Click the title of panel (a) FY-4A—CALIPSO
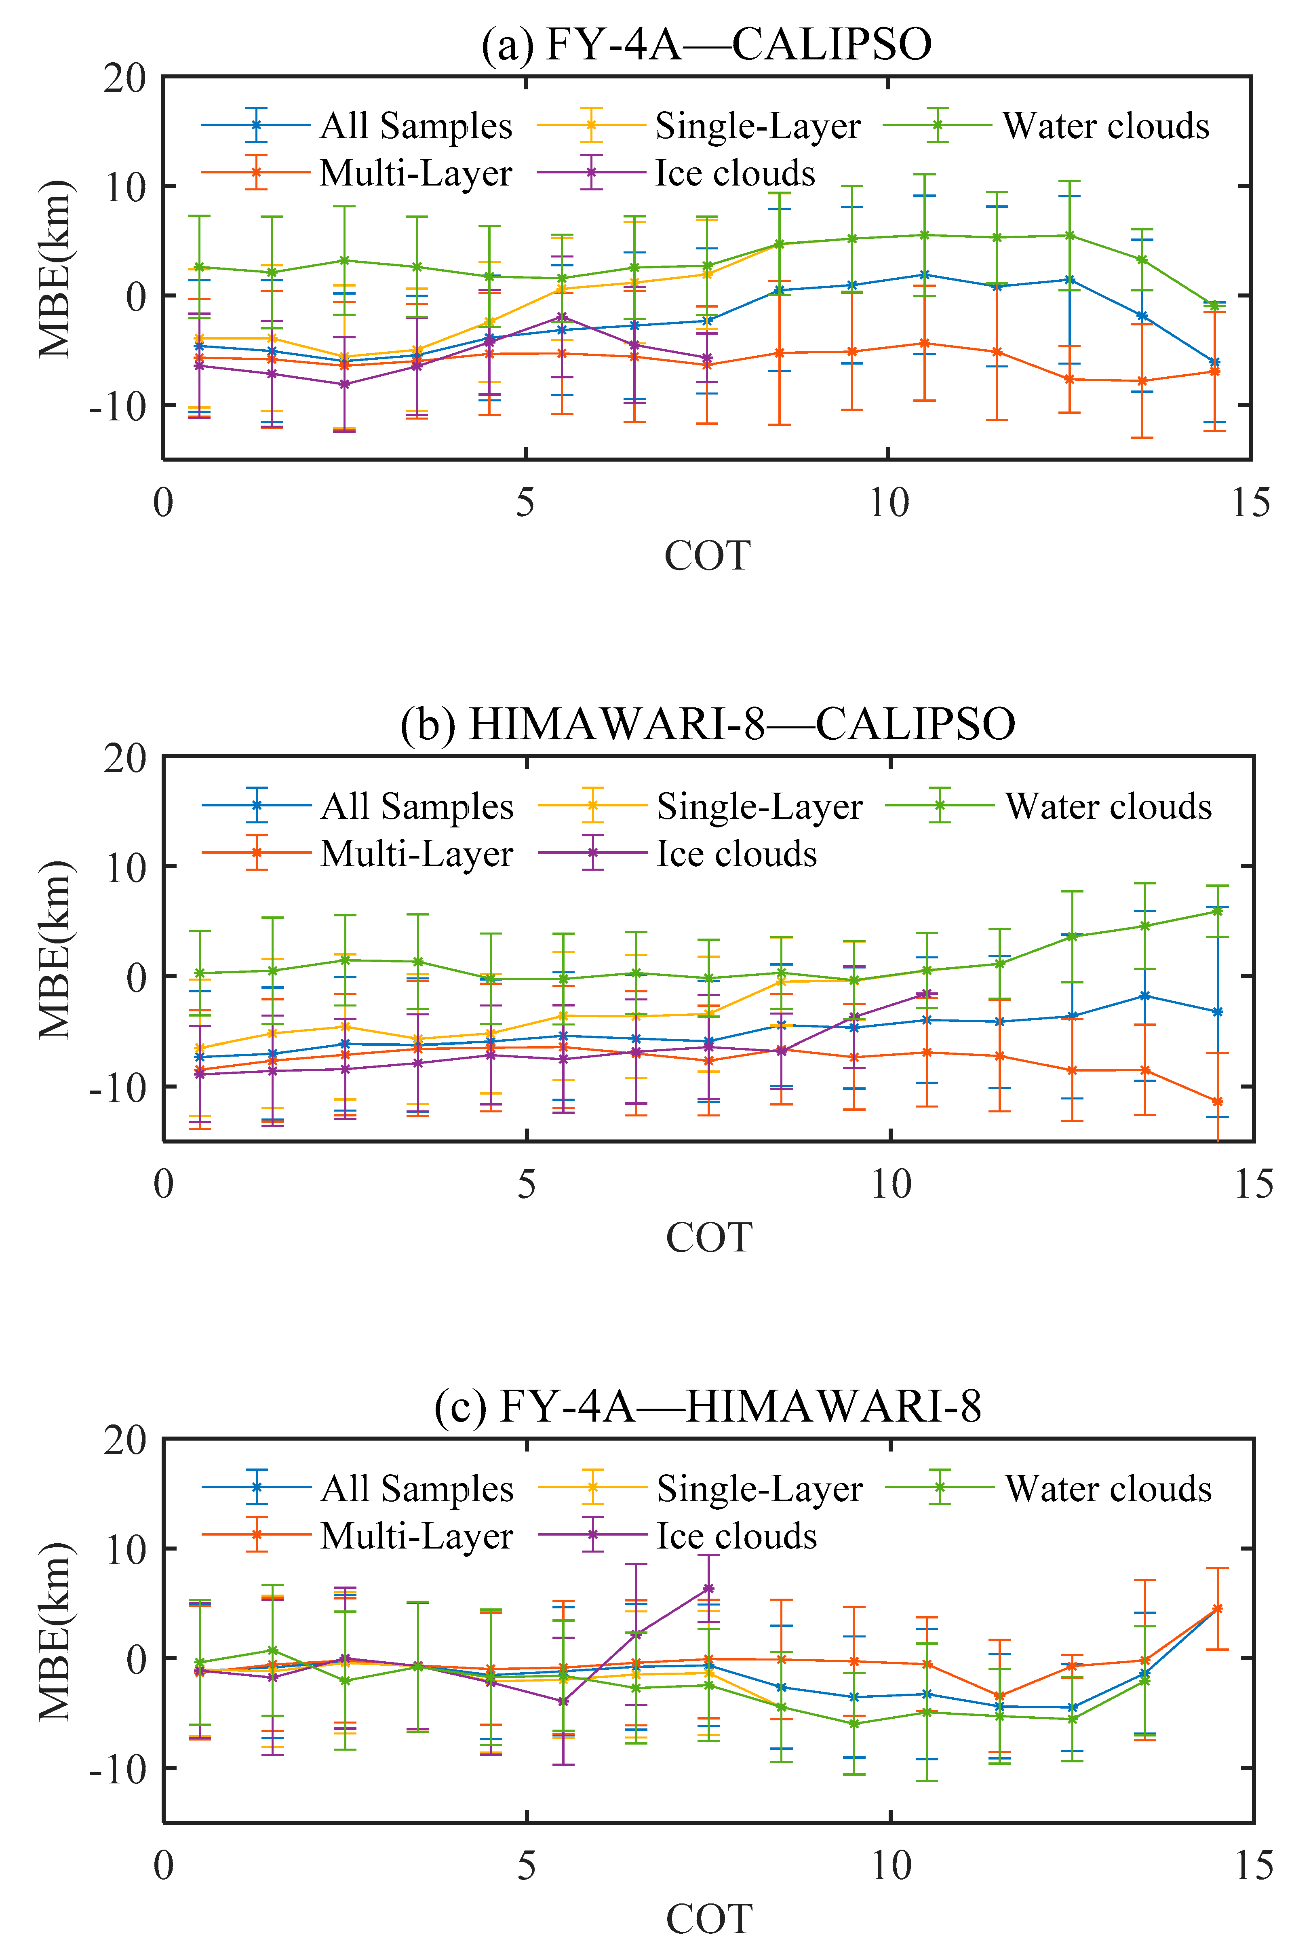[706, 44]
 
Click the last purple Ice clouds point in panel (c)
[708, 1589]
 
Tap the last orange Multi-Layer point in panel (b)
[1218, 1102]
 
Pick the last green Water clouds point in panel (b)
[1218, 910]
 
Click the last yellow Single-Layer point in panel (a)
[780, 245]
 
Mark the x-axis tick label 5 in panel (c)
[526, 1866]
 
